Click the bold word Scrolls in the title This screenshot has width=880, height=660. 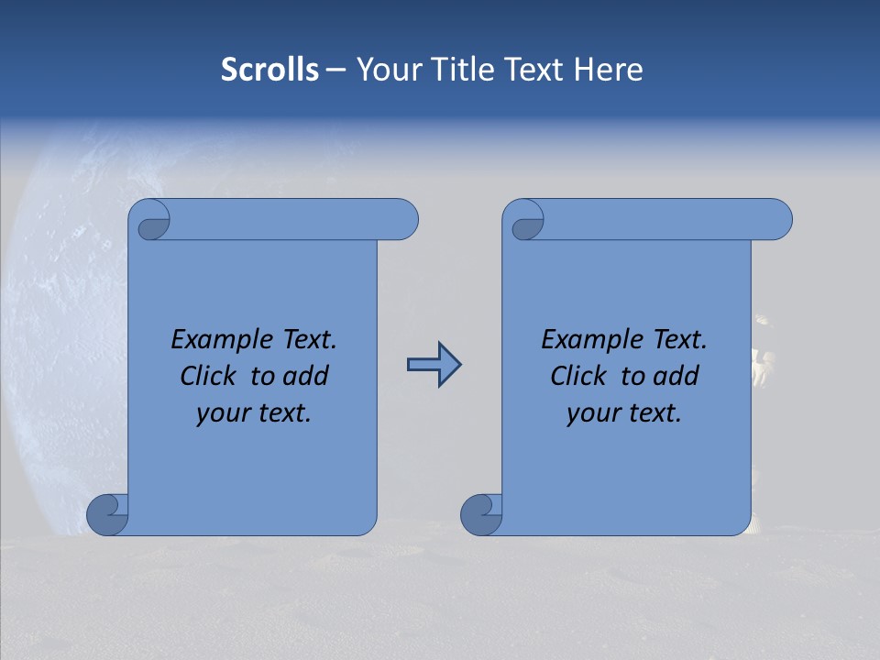269,70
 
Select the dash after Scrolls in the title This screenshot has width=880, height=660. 335,70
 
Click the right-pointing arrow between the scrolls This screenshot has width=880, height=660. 434,365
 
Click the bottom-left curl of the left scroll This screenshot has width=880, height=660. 108,513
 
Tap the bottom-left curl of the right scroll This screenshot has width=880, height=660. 482,513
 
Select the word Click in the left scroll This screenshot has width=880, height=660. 210,377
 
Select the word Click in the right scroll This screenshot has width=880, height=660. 580,377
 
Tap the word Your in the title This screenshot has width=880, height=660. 384,70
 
